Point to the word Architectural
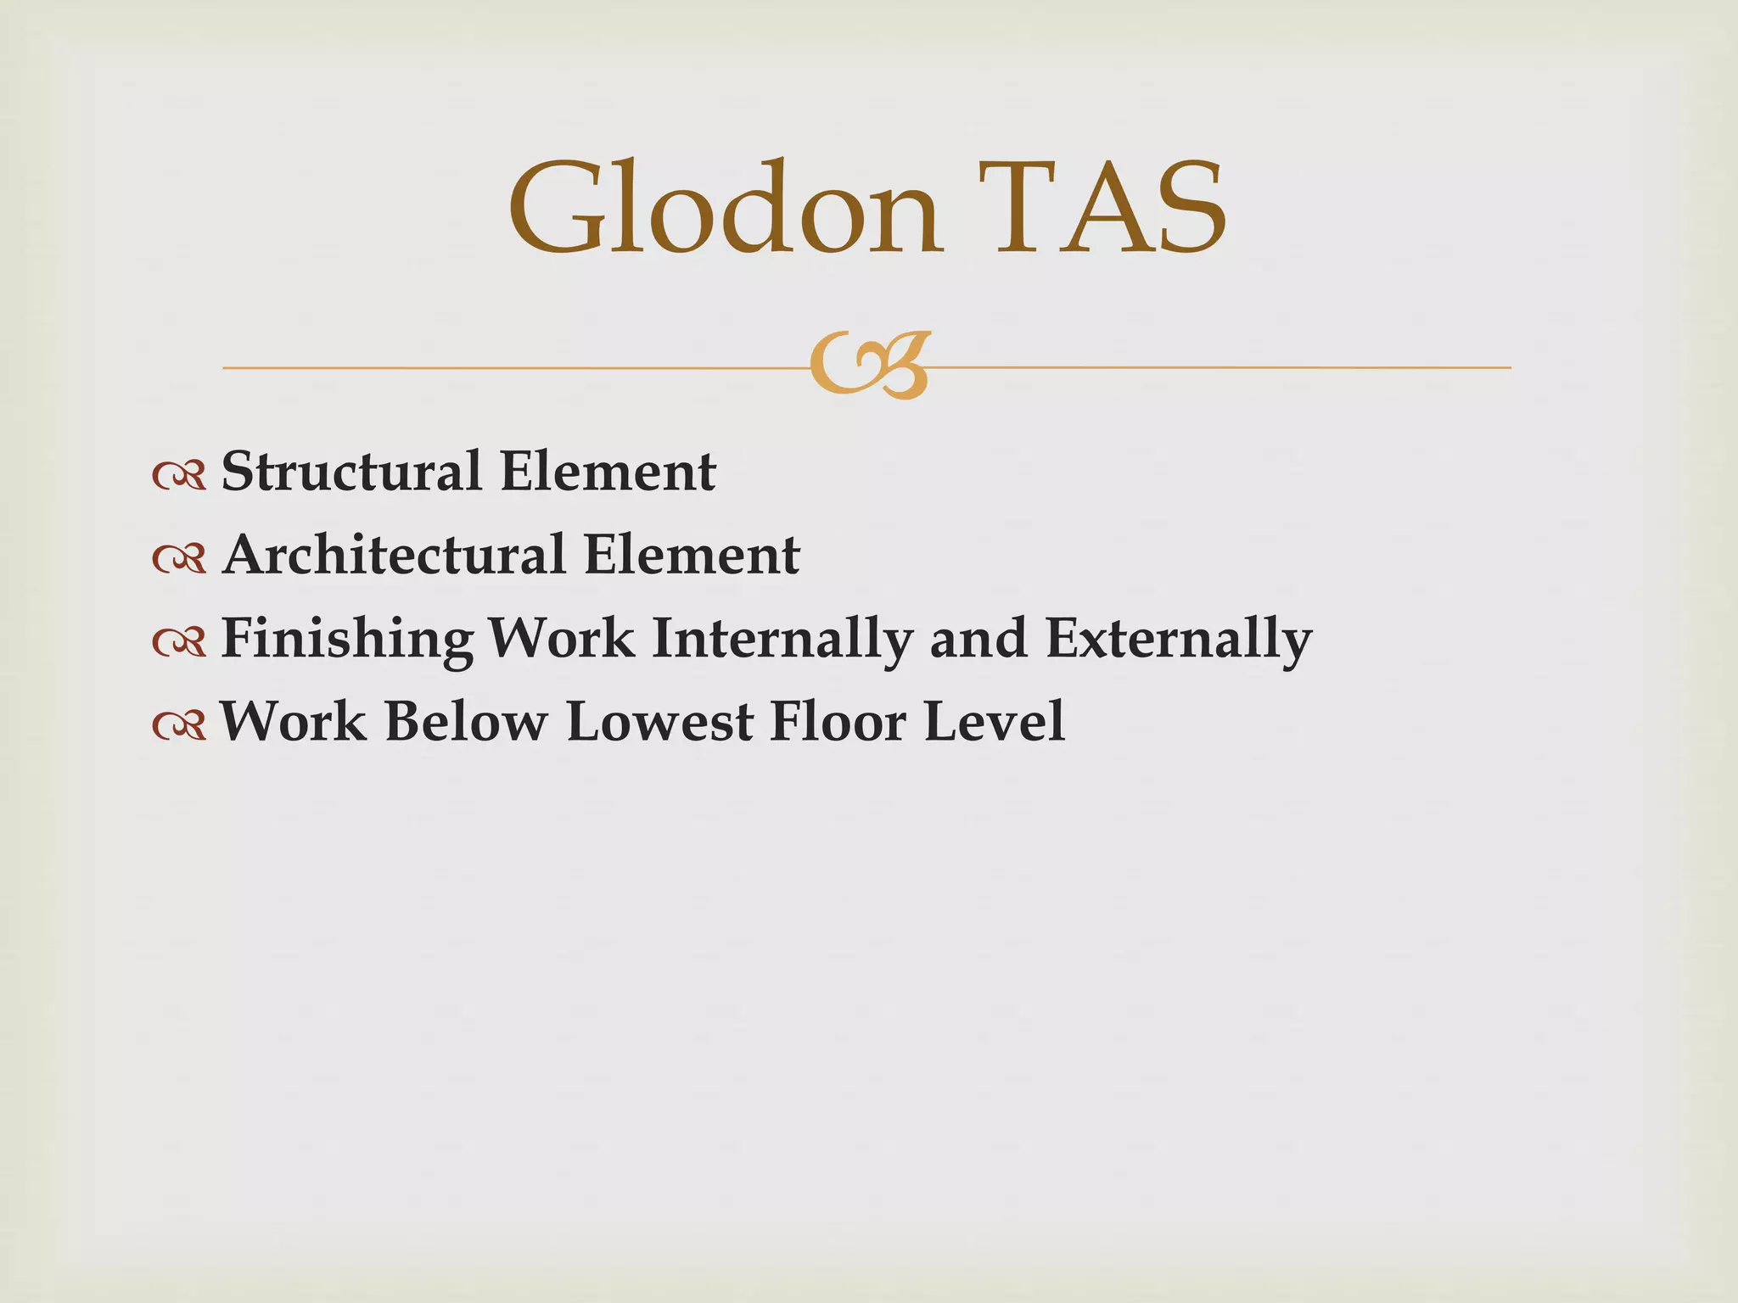(x=394, y=555)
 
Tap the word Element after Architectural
(x=692, y=555)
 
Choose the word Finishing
(x=346, y=639)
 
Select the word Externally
(x=1179, y=639)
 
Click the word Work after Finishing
(x=562, y=639)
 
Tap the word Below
(x=466, y=722)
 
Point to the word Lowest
(x=659, y=722)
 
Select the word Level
(x=994, y=722)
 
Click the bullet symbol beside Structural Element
(x=179, y=476)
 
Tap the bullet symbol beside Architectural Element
(x=179, y=559)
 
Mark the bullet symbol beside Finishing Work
(x=179, y=643)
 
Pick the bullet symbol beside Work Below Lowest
(x=179, y=726)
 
